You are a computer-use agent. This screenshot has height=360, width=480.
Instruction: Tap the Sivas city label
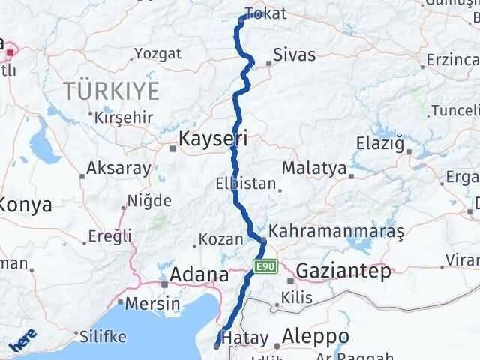[294, 55]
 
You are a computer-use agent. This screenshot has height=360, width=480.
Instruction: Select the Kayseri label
[213, 139]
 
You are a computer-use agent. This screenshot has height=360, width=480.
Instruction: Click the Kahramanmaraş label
[335, 232]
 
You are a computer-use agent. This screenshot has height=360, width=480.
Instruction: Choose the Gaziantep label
[343, 271]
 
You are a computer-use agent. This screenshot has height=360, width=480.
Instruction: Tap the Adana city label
[199, 274]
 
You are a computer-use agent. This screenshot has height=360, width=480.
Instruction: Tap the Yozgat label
[158, 54]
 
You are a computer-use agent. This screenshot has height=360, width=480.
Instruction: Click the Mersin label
[152, 304]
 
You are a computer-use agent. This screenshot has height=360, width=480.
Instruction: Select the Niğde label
[150, 201]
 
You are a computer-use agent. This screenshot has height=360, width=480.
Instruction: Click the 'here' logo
[23, 343]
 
